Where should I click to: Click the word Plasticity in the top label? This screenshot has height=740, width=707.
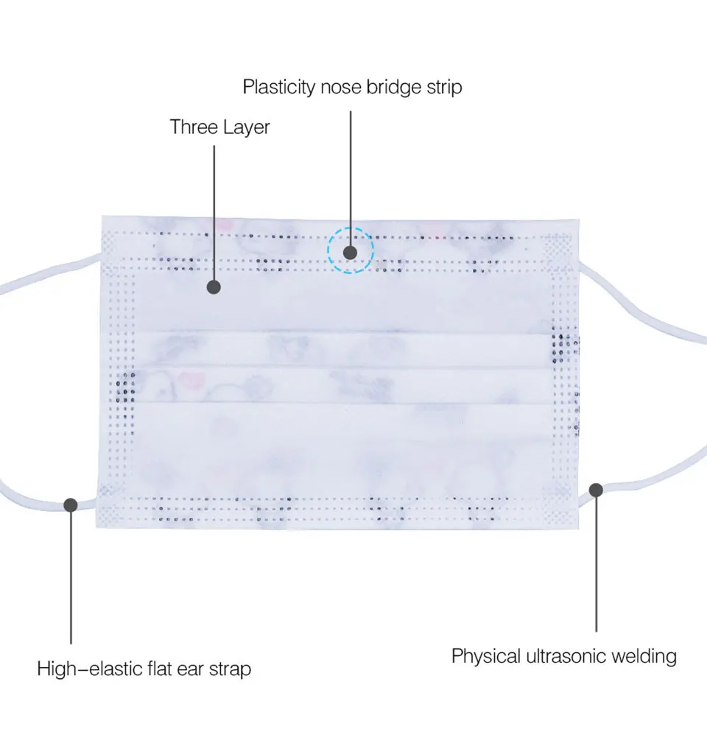(280, 88)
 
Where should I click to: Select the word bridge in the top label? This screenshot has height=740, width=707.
(394, 88)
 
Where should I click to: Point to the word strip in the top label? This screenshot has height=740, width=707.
(444, 88)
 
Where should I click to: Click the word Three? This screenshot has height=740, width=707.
(194, 127)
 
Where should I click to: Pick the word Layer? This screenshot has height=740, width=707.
(247, 128)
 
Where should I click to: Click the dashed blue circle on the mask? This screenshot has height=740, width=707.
(351, 250)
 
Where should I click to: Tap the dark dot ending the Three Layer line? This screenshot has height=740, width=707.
(214, 287)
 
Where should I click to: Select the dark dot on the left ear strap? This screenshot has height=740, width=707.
(71, 504)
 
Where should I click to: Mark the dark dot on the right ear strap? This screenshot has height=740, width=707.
(596, 489)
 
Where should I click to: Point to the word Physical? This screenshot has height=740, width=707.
(485, 656)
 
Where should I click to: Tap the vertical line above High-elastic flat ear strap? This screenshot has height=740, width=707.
(71, 582)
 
